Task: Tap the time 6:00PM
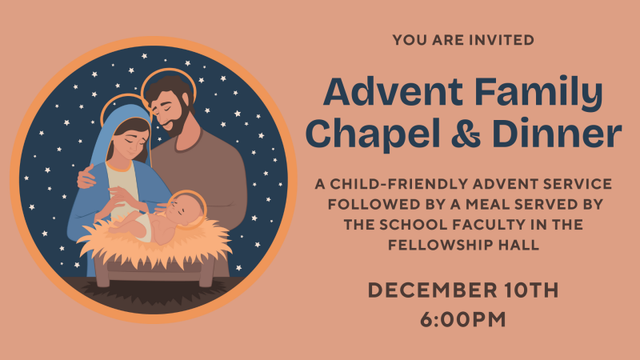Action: tap(463, 318)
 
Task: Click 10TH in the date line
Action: tap(526, 290)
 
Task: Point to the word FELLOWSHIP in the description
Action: tap(448, 246)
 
